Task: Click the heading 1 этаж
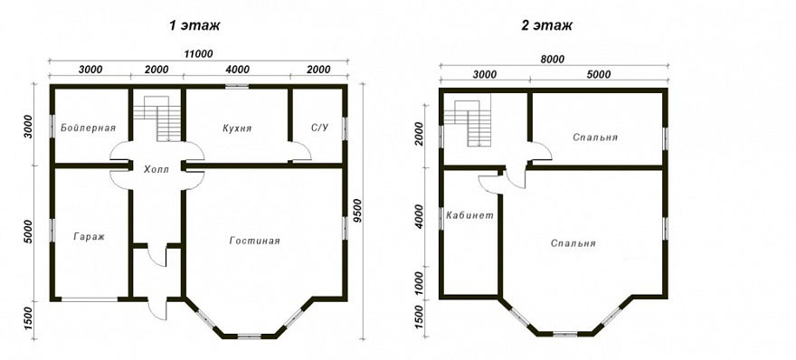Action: [x=194, y=26]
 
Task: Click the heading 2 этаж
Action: [x=546, y=26]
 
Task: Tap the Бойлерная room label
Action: [x=89, y=128]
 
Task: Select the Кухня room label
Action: [x=237, y=128]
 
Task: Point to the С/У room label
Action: [x=320, y=128]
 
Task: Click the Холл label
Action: [x=156, y=169]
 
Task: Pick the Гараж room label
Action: [x=89, y=237]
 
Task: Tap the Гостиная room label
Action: [x=254, y=241]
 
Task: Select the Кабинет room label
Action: [x=469, y=215]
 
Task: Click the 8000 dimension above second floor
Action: [x=553, y=59]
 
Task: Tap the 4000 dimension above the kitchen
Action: [x=237, y=70]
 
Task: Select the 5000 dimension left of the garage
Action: [x=28, y=232]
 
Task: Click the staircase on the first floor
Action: [x=157, y=118]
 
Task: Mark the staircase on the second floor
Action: [x=468, y=123]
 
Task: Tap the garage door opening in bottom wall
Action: [x=90, y=299]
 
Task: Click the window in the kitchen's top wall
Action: [x=237, y=87]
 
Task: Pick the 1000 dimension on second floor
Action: [x=420, y=283]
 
